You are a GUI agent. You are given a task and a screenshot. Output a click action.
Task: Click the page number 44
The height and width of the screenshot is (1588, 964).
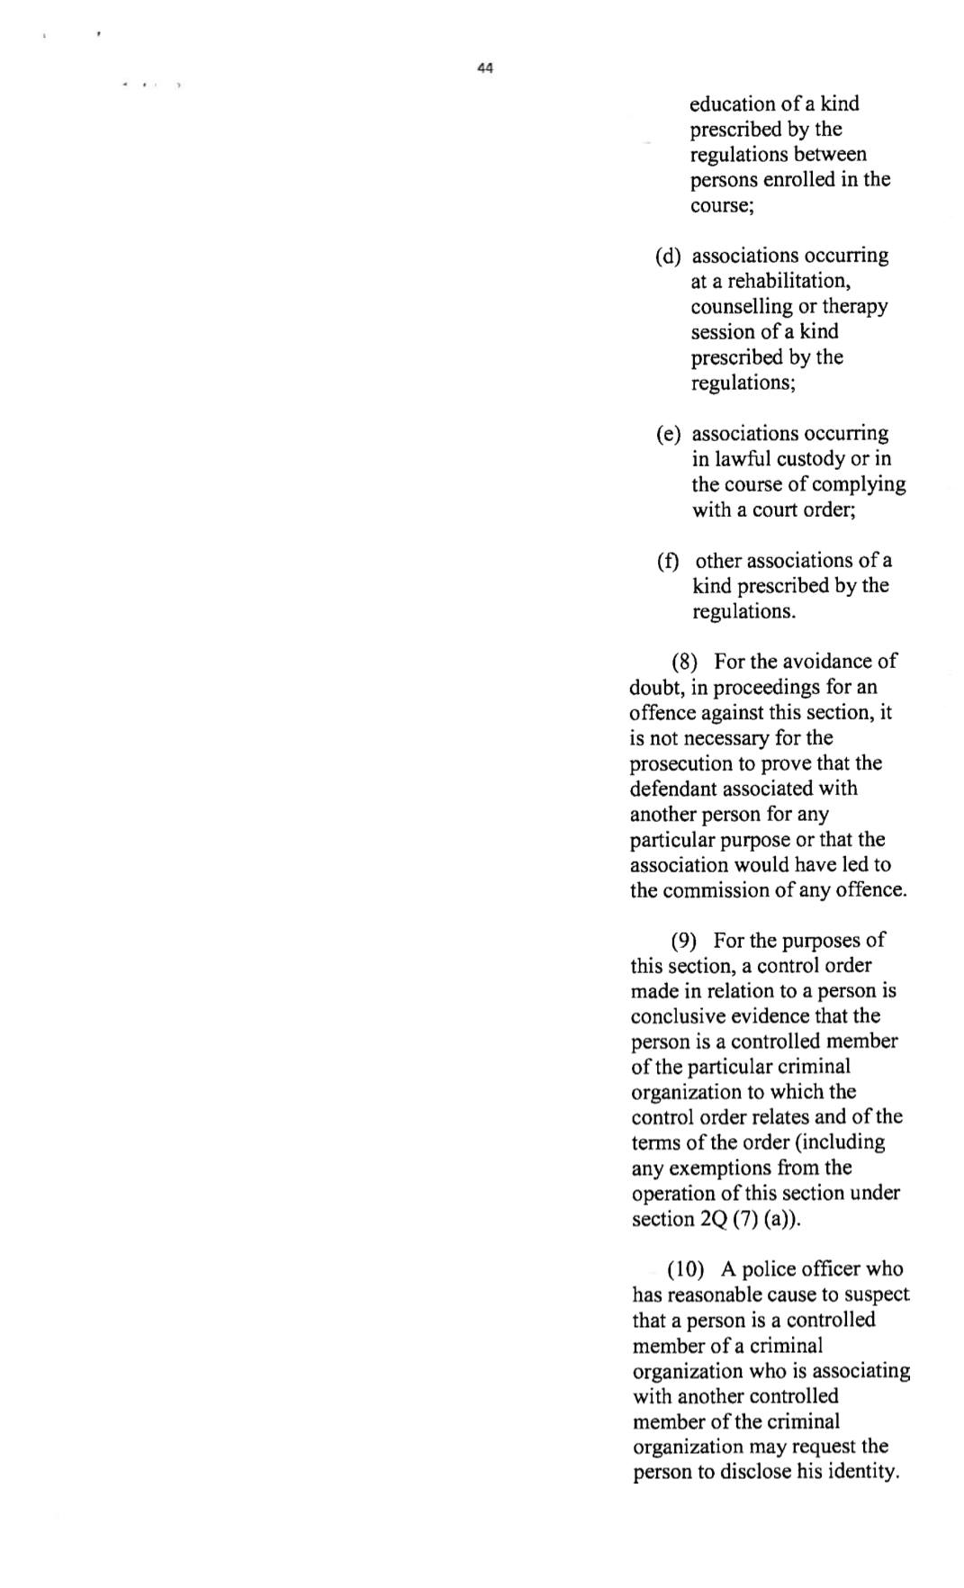point(485,68)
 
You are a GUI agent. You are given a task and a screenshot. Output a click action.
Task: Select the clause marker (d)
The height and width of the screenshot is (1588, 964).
point(668,256)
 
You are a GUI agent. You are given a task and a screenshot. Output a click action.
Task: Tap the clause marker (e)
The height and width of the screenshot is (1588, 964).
point(668,434)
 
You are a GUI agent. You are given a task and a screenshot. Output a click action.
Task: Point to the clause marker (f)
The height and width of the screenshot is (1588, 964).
point(667,561)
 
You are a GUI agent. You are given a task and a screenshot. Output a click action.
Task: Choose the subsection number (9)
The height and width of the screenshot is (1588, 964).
point(684,941)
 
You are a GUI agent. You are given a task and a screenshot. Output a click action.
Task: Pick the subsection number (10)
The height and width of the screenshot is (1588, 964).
point(685,1269)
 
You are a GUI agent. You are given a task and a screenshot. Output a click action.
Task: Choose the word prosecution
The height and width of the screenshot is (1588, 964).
point(681,763)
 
